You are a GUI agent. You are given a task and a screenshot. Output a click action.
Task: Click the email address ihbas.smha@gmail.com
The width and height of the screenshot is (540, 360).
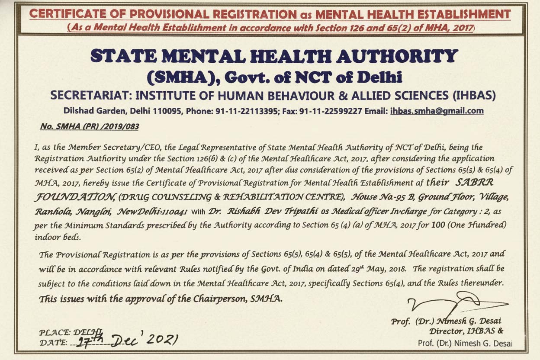pyautogui.click(x=437, y=111)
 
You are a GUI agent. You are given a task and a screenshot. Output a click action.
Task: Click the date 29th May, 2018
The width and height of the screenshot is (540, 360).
pyautogui.click(x=382, y=269)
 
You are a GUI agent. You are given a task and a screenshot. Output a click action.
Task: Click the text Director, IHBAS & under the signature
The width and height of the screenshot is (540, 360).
pyautogui.click(x=466, y=331)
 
